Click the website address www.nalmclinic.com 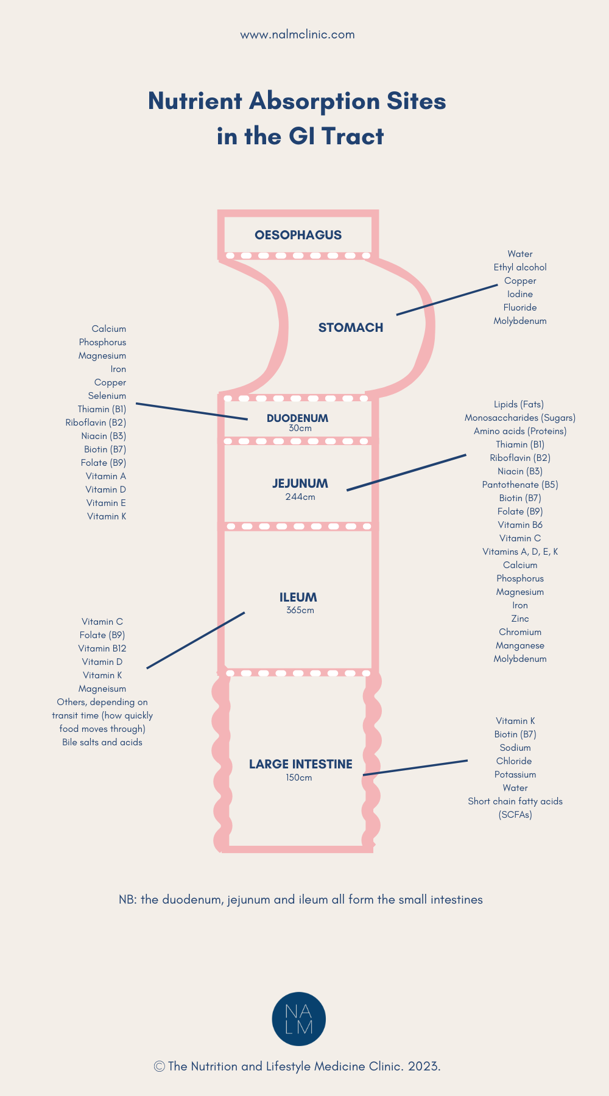point(297,35)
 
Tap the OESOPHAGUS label point(298,235)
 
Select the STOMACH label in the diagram point(351,328)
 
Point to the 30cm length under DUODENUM point(300,429)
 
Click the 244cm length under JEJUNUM point(300,497)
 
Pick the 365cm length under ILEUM point(300,610)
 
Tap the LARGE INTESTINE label point(300,764)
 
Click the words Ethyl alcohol point(520,267)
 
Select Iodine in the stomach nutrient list point(520,294)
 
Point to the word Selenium point(107,396)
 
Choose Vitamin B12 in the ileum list point(102,648)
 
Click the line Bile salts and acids point(102,742)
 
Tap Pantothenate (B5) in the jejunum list point(520,485)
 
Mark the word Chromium point(520,632)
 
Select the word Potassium point(515,775)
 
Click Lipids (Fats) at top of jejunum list point(519,404)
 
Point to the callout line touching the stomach point(447,300)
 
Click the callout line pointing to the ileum point(195,640)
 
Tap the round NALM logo point(298,1019)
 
